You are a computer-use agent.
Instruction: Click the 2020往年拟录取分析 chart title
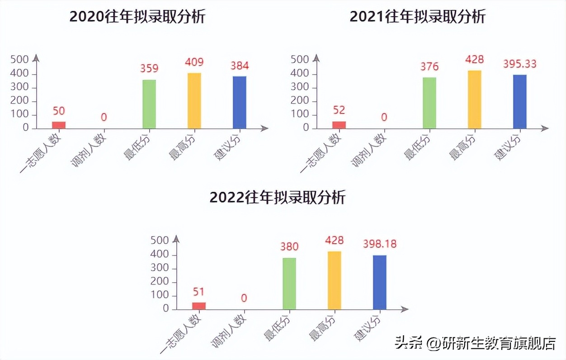click(137, 17)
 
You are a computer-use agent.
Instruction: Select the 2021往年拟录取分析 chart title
click(417, 17)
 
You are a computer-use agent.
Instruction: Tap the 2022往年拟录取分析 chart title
click(278, 198)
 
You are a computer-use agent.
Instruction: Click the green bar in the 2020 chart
click(149, 104)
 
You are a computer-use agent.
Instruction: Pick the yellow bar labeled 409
click(194, 101)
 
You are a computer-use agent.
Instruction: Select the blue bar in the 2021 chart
click(520, 102)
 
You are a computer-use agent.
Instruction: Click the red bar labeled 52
click(339, 125)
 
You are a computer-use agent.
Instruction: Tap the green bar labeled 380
click(289, 284)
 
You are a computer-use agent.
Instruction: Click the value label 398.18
click(380, 244)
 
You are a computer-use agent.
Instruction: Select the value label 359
click(149, 68)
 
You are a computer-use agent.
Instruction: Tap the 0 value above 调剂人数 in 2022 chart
click(244, 298)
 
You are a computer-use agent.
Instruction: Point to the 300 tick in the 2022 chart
click(160, 268)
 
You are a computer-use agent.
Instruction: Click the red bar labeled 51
click(199, 306)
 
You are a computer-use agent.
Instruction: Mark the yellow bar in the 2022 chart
click(335, 280)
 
